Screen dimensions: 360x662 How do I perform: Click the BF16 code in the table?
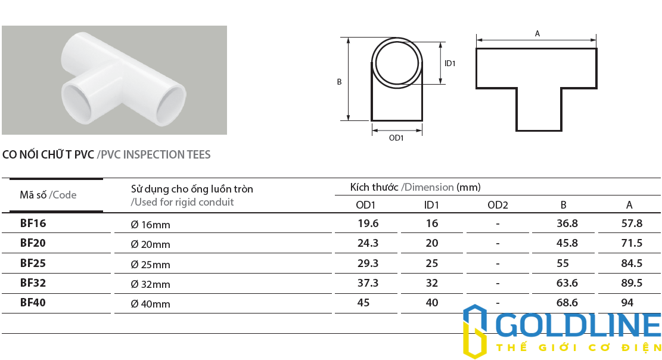pos(33,224)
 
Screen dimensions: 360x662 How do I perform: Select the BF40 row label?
pos(33,302)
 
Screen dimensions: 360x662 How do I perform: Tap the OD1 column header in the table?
pos(365,206)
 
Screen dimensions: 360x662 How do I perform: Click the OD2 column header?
pos(498,206)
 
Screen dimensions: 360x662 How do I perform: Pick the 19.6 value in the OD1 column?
pos(367,224)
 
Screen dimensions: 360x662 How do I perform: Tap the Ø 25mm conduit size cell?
pos(150,264)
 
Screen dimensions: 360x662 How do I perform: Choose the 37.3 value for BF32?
pos(367,283)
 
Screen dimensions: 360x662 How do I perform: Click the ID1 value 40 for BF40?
pos(432,302)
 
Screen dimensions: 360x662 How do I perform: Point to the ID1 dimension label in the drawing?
pos(450,63)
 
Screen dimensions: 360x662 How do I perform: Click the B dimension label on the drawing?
pos(339,82)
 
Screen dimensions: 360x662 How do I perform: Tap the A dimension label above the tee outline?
pos(537,34)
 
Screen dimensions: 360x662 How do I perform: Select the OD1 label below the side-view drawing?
pos(396,138)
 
